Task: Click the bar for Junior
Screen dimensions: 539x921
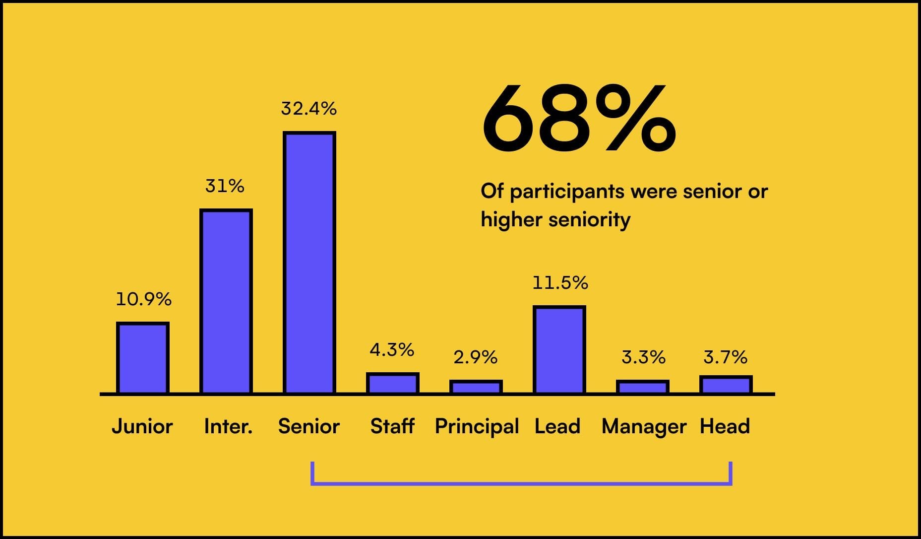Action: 143,358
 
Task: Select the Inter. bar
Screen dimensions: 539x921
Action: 226,302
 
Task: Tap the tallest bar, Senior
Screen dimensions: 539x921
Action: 309,263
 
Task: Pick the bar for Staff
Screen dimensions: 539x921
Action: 393,384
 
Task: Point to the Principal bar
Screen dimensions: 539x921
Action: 476,387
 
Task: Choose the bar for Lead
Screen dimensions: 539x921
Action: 559,350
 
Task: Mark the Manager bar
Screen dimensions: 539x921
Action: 643,387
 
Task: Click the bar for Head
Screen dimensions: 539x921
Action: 726,385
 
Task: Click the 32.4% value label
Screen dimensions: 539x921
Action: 308,109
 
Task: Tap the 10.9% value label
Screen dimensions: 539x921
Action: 143,299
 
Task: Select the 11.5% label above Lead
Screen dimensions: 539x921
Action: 560,283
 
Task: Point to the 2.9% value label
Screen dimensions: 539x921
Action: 475,357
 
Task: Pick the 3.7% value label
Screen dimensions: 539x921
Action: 725,357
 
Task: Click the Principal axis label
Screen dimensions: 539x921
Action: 477,427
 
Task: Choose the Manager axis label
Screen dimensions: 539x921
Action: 644,427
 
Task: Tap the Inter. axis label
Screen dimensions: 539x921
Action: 228,426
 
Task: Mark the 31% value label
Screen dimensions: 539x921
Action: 225,187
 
